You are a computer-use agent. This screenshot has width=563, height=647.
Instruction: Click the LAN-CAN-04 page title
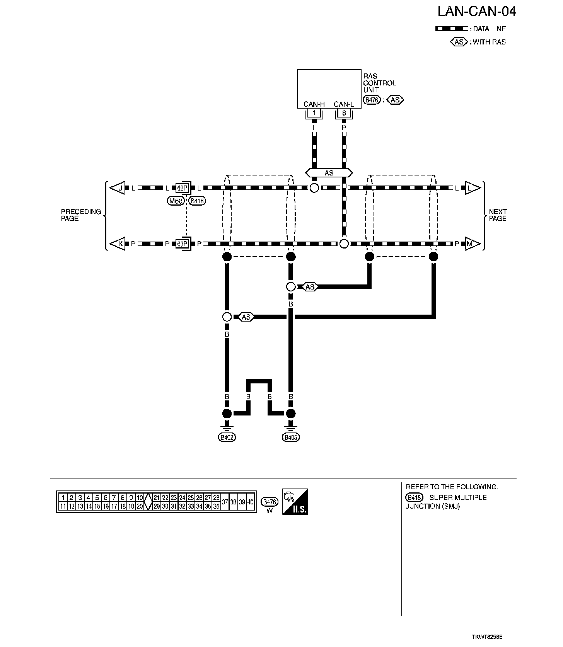click(x=476, y=12)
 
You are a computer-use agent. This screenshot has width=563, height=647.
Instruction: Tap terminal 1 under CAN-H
click(x=314, y=113)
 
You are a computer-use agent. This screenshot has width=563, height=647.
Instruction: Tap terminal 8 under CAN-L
click(x=344, y=113)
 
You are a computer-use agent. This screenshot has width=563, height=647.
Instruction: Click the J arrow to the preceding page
click(x=118, y=188)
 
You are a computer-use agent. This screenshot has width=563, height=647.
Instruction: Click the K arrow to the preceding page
click(x=118, y=244)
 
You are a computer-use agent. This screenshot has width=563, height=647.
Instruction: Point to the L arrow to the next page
click(x=472, y=188)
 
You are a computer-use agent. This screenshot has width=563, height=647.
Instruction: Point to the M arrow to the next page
click(x=472, y=244)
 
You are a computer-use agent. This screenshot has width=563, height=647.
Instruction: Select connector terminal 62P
click(x=182, y=188)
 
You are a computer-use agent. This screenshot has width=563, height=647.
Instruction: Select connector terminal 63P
click(x=182, y=244)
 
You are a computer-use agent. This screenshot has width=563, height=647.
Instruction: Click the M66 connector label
click(x=176, y=201)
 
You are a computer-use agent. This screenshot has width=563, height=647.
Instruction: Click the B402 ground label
click(x=227, y=438)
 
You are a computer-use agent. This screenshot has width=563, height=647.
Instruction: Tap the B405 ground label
click(x=291, y=438)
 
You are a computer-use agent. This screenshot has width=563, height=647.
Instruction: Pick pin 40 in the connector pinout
click(x=251, y=502)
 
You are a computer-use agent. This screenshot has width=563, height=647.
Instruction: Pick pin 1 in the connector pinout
click(x=63, y=498)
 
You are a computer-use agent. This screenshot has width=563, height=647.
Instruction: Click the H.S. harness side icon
click(x=295, y=502)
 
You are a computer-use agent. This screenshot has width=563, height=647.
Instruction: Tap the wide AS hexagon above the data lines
click(x=329, y=173)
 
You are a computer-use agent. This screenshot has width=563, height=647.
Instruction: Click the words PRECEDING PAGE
click(x=81, y=215)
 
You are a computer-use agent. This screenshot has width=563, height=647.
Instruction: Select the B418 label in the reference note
click(x=414, y=498)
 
